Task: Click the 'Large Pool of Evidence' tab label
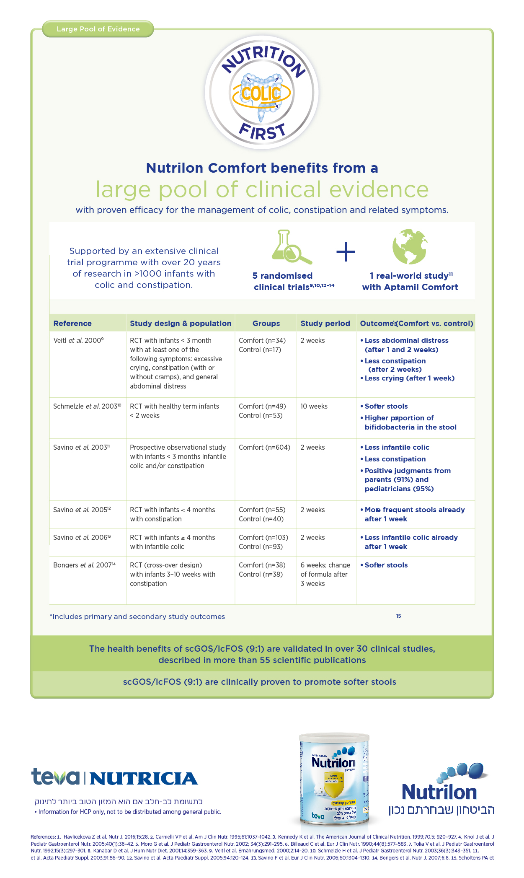[x=98, y=29]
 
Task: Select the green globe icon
[x=410, y=246]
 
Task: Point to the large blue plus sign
[x=346, y=251]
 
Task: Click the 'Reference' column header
[x=72, y=324]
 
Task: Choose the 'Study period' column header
[x=325, y=324]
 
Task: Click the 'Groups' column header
[x=266, y=324]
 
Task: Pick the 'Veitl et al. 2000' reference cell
[x=78, y=340]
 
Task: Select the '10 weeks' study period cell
[x=314, y=406]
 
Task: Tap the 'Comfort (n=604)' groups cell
[x=264, y=447]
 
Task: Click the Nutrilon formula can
[x=334, y=780]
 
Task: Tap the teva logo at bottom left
[x=55, y=777]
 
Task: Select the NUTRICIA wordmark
[x=144, y=779]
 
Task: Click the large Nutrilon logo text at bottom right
[x=439, y=792]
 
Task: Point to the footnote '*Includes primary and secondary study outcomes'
[x=137, y=616]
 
